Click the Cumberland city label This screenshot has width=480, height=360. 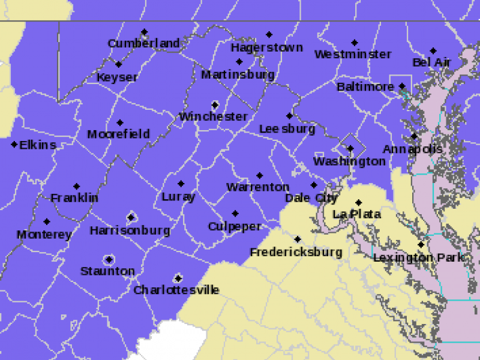[143, 43]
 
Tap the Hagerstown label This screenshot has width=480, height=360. [267, 47]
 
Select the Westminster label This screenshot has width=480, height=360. [353, 55]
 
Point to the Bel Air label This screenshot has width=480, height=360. [431, 62]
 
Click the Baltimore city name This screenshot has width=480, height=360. [365, 87]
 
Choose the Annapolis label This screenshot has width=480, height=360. [413, 149]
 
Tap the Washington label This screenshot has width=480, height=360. [349, 161]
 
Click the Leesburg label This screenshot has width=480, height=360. [287, 129]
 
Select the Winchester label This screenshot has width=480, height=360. [213, 116]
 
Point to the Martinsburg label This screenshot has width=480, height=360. [238, 75]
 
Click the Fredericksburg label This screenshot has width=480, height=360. [296, 252]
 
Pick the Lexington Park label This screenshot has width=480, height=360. [419, 257]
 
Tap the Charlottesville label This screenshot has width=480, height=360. [176, 290]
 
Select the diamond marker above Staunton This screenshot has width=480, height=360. [109, 260]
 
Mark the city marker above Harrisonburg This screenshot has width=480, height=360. [131, 217]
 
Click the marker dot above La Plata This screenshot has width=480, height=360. [359, 203]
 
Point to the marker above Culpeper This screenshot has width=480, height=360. [235, 214]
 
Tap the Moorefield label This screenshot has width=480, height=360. [118, 134]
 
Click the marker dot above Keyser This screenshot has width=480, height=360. [119, 65]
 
